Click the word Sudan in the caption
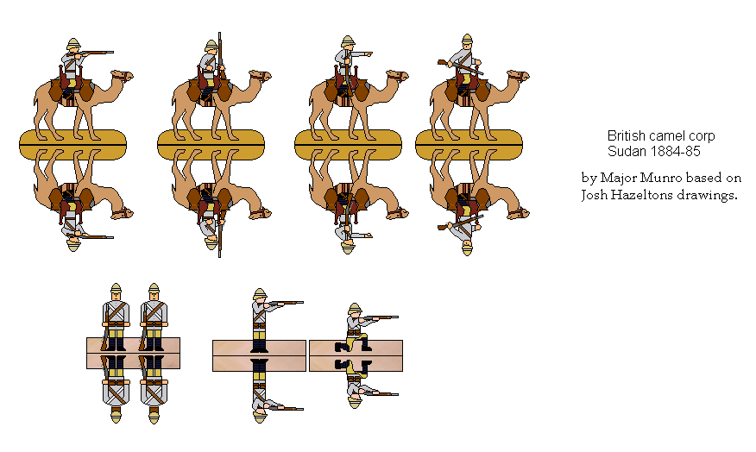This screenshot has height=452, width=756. pyautogui.click(x=625, y=152)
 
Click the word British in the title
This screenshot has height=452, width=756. pyautogui.click(x=629, y=136)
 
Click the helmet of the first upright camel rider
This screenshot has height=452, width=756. pyautogui.click(x=72, y=44)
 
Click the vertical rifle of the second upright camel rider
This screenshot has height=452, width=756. pyautogui.click(x=219, y=60)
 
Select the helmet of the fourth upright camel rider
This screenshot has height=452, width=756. pyautogui.click(x=467, y=41)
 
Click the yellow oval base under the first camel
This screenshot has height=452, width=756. pyautogui.click(x=72, y=144)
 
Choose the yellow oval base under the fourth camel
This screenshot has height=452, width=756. pyautogui.click(x=469, y=144)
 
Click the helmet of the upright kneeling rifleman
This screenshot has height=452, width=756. pyautogui.click(x=354, y=308)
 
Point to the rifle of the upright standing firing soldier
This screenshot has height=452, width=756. pyautogui.click(x=286, y=303)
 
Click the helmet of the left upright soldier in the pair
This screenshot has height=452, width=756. pyautogui.click(x=116, y=289)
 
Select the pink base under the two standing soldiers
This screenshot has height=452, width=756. pyautogui.click(x=133, y=353)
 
